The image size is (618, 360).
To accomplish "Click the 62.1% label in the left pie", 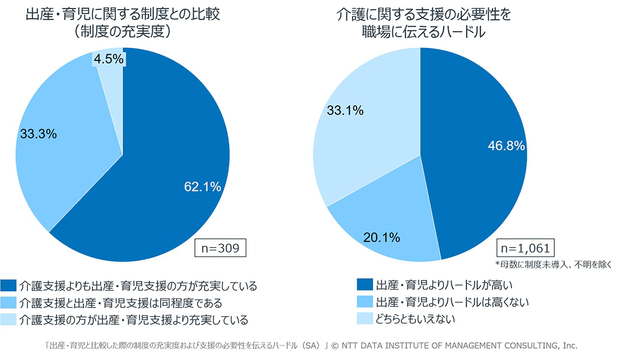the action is point(203,186).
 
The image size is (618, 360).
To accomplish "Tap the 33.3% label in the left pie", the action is point(38,134).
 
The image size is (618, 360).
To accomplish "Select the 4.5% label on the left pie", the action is point(109,59).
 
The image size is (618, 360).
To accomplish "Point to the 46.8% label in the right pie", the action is point(507,146).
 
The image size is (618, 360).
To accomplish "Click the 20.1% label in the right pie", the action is point(382,237).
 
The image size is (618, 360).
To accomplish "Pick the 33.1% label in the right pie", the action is point(345,110).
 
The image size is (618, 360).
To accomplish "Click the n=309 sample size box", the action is point(221,248).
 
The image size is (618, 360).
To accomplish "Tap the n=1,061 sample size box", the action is point(526,248).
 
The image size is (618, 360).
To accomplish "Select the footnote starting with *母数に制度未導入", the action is point(554,265).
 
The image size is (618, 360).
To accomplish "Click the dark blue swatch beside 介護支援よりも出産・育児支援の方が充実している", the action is point(8,286).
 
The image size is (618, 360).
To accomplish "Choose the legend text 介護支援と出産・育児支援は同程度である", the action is point(120,303).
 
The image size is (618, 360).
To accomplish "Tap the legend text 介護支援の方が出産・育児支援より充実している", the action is point(134,320).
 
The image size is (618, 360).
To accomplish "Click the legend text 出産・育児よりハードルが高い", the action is point(444,284).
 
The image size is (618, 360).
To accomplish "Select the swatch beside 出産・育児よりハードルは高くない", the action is point(364,302).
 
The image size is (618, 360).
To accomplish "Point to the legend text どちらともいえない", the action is point(415,319).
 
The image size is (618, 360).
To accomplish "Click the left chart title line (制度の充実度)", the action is point(123,31).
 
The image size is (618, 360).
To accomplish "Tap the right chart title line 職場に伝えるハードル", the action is point(423,32).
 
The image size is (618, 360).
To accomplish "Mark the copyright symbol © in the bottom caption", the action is point(335,346).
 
